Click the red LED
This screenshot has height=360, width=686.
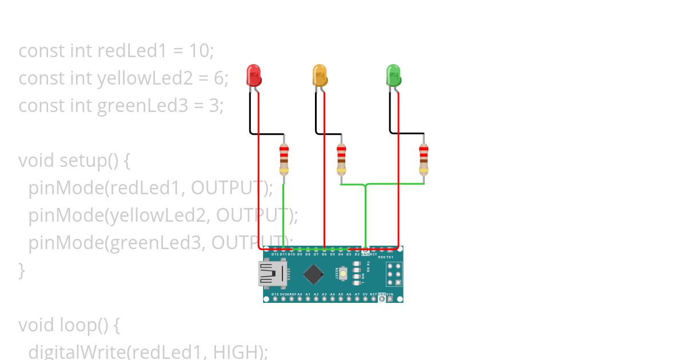point(253,75)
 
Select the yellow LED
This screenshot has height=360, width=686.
point(319,75)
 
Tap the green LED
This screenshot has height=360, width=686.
point(393,75)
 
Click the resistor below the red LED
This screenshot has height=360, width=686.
point(284,158)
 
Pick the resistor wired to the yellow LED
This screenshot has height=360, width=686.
point(341,158)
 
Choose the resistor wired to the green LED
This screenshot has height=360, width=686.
point(424,158)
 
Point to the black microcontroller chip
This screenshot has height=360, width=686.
point(313,274)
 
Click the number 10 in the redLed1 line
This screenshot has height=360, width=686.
point(200,51)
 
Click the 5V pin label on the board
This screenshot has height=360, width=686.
point(365,294)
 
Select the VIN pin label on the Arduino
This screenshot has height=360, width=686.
point(390,294)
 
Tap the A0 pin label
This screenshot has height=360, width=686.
point(300,294)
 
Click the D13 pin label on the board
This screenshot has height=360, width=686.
point(275,294)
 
